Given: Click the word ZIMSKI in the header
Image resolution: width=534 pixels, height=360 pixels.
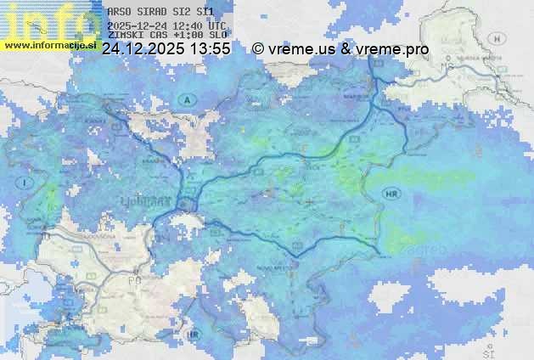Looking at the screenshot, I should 126,37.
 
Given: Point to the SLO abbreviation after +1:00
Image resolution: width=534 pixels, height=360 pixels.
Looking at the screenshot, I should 217,37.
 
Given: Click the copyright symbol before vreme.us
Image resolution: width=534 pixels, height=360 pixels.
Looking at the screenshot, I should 258,50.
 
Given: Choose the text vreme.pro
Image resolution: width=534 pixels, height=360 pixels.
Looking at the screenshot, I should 393,50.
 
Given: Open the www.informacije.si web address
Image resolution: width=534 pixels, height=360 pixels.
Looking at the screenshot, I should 49,45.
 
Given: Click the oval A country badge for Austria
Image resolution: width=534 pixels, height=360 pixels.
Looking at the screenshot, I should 184,100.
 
